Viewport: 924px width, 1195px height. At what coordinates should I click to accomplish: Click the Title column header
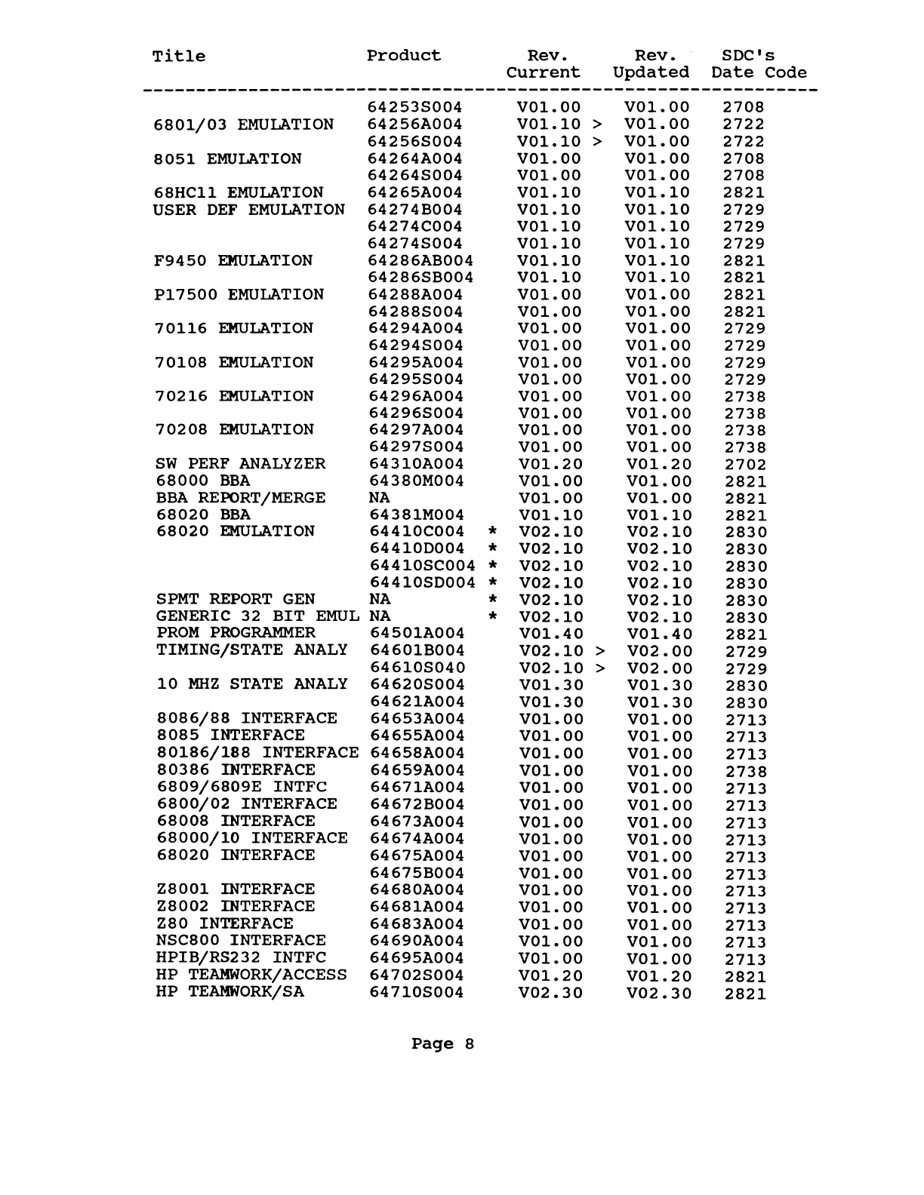pyautogui.click(x=178, y=57)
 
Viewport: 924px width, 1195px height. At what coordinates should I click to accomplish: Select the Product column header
pyautogui.click(x=404, y=56)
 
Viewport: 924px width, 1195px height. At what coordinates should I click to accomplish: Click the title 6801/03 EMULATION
pyautogui.click(x=243, y=124)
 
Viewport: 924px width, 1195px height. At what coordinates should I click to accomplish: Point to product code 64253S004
pyautogui.click(x=414, y=107)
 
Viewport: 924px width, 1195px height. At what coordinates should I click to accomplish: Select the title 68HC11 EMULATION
pyautogui.click(x=238, y=192)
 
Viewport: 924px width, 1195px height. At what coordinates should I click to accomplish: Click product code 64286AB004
pyautogui.click(x=420, y=261)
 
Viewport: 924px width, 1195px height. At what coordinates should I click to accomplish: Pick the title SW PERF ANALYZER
pyautogui.click(x=240, y=464)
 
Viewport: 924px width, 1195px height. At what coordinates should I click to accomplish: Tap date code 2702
pyautogui.click(x=745, y=465)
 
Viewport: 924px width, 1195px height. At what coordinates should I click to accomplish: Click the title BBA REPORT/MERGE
pyautogui.click(x=240, y=498)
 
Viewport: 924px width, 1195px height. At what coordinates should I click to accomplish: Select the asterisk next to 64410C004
pyautogui.click(x=492, y=532)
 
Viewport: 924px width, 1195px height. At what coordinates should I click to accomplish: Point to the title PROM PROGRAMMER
pyautogui.click(x=236, y=633)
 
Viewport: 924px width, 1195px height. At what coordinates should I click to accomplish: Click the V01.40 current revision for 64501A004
pyautogui.click(x=552, y=634)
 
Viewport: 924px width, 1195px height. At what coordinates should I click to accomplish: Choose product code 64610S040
pyautogui.click(x=417, y=668)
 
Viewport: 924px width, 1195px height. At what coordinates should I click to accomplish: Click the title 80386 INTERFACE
pyautogui.click(x=236, y=770)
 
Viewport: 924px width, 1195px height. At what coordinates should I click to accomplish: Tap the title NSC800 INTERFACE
pyautogui.click(x=241, y=941)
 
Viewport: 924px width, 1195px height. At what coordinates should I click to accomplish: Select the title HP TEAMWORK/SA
pyautogui.click(x=230, y=992)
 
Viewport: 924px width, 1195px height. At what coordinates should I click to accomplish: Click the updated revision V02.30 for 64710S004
pyautogui.click(x=659, y=993)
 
